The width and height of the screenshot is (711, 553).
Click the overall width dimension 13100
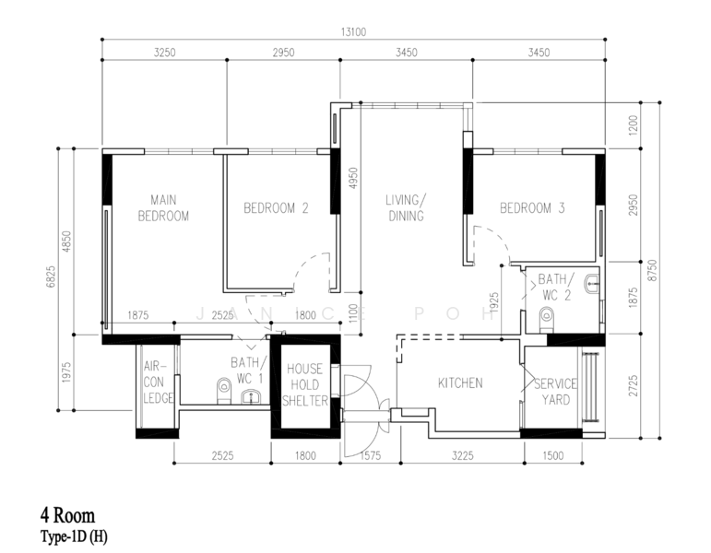pos(353,32)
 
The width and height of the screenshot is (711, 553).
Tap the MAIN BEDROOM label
pos(163,208)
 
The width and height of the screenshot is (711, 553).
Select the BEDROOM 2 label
pos(276,208)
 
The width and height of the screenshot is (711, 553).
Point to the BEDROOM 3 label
pos(532,208)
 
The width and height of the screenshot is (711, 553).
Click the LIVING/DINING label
pos(406,208)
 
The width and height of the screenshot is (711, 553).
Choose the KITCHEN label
pos(460,383)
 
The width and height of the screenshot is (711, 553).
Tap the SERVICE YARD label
pos(555,392)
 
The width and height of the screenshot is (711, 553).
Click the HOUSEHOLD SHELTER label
pos(305,384)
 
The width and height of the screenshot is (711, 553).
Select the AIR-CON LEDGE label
pos(159,382)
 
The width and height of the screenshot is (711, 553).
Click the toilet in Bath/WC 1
pos(224,390)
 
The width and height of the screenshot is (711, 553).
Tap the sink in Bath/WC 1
pos(250,397)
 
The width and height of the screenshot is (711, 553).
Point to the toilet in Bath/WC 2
pos(547,318)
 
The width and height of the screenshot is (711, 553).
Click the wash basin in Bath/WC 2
pos(592,284)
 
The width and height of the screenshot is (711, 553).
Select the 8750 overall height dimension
pos(653,270)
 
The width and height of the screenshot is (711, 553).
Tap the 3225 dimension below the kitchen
pos(463,455)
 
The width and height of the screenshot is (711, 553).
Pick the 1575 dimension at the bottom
pos(371,455)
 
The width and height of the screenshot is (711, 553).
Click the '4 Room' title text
pos(68,516)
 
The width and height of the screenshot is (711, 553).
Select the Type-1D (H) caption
pos(75,536)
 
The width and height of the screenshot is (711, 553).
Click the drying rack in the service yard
pos(590,387)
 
